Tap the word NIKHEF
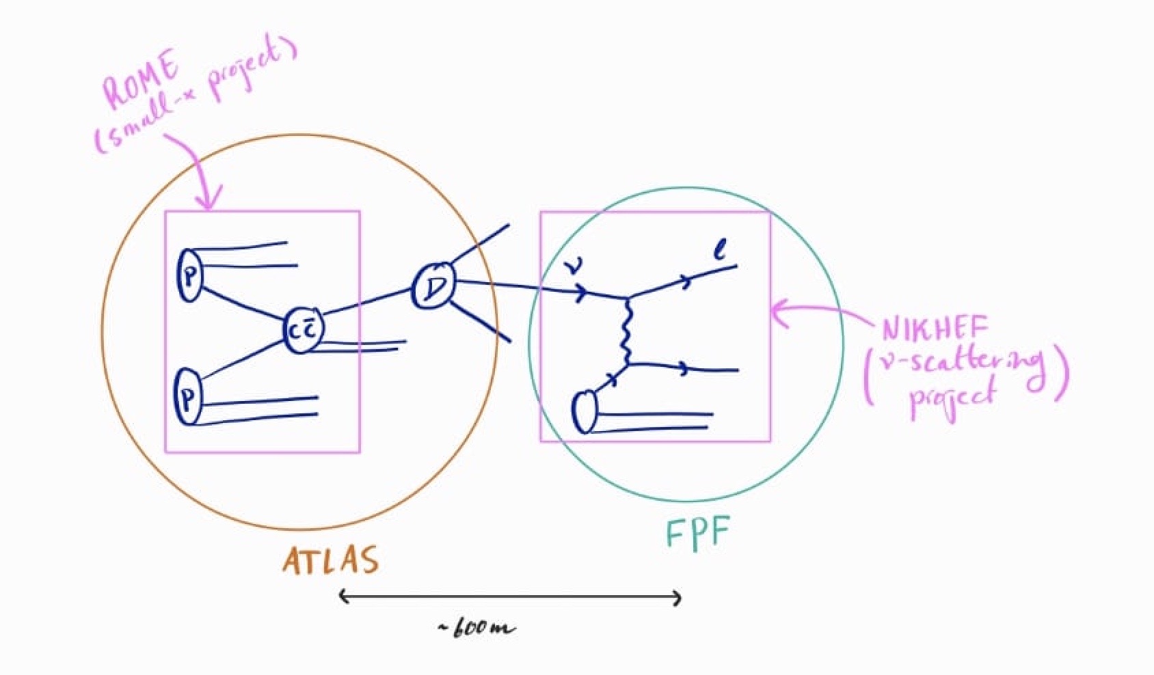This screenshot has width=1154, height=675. click(x=935, y=329)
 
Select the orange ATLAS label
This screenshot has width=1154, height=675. click(x=330, y=560)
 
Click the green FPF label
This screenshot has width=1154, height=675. click(x=698, y=533)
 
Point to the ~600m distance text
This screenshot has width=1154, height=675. click(x=477, y=628)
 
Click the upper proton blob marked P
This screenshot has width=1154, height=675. click(x=189, y=275)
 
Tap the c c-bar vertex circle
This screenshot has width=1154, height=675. click(x=302, y=330)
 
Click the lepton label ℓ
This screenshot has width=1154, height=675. click(x=719, y=253)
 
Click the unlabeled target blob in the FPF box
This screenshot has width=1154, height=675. click(x=584, y=413)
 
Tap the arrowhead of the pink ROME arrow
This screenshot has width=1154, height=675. click(x=208, y=202)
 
